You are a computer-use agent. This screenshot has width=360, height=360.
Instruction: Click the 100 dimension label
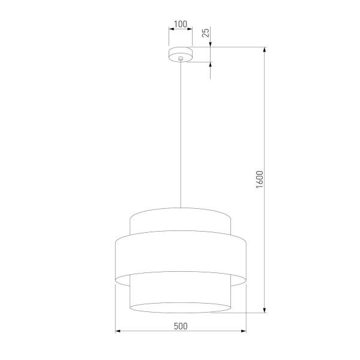(180, 25)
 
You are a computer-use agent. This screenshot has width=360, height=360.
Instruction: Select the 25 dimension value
(206, 32)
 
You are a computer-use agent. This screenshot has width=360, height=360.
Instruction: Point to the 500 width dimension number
(180, 326)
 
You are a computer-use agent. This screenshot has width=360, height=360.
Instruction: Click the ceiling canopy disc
(180, 55)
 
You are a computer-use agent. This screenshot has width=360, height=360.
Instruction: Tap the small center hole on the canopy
(180, 58)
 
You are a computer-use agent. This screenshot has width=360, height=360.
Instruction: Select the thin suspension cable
(180, 132)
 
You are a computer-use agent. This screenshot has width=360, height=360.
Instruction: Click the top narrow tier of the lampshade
(180, 221)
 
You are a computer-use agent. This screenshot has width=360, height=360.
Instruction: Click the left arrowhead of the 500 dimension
(117, 331)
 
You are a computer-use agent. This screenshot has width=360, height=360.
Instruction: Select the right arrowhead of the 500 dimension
(243, 331)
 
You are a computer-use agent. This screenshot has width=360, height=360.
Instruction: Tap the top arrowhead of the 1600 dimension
(265, 50)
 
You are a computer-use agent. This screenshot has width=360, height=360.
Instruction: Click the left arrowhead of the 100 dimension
(170, 30)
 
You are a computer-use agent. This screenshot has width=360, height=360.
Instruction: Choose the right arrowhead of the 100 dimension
(190, 30)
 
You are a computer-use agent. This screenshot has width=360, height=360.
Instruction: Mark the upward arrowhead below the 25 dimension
(211, 65)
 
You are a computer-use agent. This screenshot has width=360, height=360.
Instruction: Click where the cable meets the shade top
(180, 208)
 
